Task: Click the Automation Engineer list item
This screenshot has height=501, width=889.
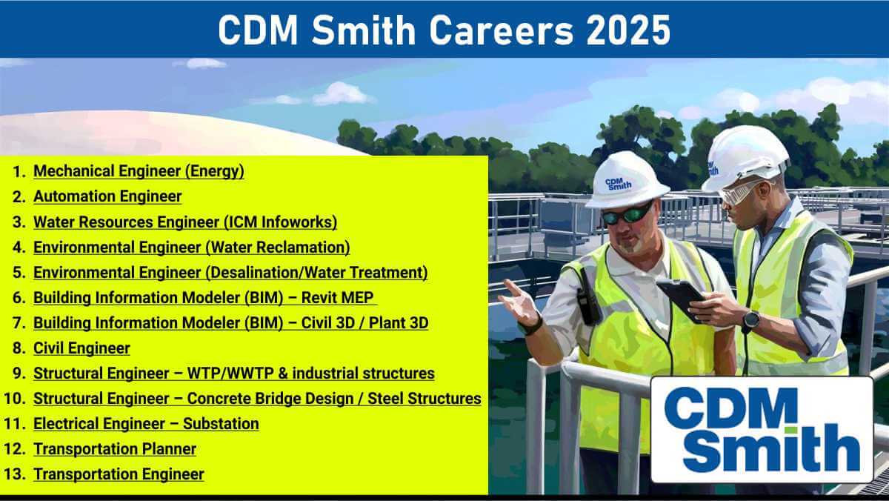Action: click(x=107, y=196)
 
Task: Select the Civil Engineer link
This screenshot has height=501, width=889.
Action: click(x=81, y=348)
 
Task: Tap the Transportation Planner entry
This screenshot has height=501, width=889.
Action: click(x=115, y=449)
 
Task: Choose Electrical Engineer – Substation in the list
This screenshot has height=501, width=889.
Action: click(x=146, y=424)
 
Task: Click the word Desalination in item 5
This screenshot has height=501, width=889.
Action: click(x=254, y=273)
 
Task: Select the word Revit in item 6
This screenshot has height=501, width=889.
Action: click(x=319, y=298)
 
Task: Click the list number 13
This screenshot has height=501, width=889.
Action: click(x=15, y=474)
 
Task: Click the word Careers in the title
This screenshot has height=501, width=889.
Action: click(x=502, y=30)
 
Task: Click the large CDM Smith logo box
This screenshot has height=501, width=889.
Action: click(x=762, y=430)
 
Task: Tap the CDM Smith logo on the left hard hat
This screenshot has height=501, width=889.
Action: click(x=618, y=184)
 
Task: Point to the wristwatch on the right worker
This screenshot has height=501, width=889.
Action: click(x=751, y=319)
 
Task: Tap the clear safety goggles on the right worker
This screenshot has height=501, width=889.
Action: click(x=739, y=193)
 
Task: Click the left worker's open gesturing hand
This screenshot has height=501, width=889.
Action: click(x=520, y=302)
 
